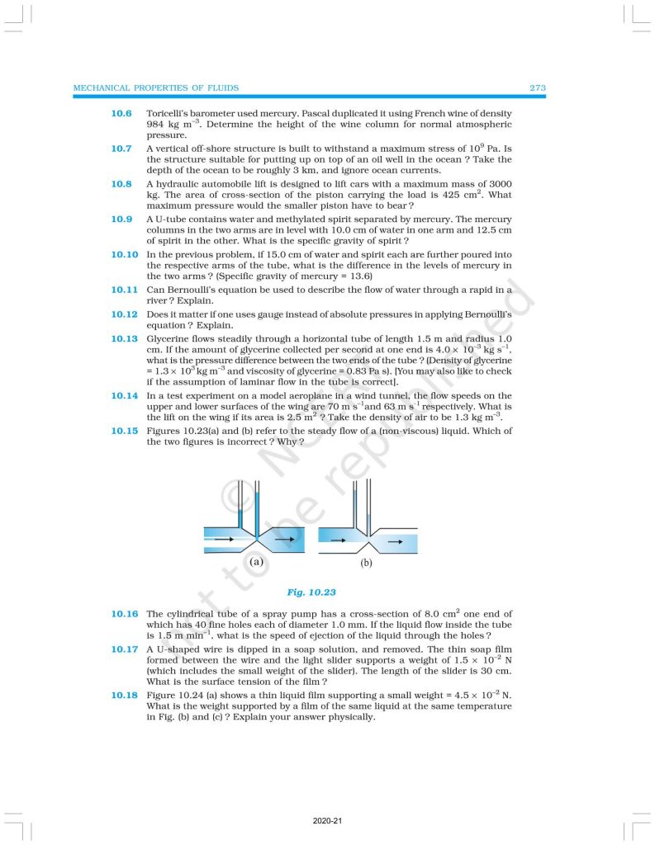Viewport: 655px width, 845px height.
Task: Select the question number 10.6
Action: click(x=121, y=112)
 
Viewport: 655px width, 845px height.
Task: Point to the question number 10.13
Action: click(x=124, y=338)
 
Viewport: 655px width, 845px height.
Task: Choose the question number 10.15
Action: click(x=124, y=431)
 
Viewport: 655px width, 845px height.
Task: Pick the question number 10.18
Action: click(x=124, y=696)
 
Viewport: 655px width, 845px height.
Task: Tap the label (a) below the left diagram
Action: click(x=256, y=562)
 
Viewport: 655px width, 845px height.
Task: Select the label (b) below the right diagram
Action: click(x=367, y=565)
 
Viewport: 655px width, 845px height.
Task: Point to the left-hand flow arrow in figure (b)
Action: click(x=337, y=542)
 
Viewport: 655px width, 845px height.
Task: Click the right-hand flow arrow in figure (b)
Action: click(x=395, y=542)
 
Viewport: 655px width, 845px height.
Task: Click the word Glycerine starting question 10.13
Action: click(x=168, y=338)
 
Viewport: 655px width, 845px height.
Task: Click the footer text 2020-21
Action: click(x=327, y=822)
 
